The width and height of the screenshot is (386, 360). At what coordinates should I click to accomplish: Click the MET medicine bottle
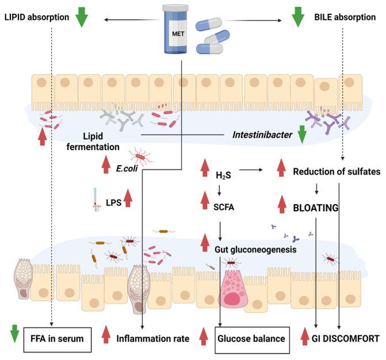click(x=179, y=28)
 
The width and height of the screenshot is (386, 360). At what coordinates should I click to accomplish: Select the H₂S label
click(x=224, y=173)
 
